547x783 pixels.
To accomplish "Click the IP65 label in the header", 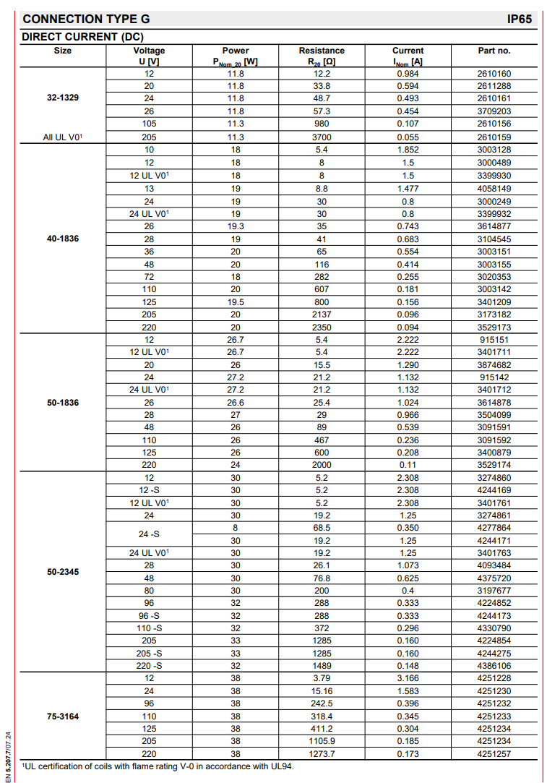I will click(520, 19).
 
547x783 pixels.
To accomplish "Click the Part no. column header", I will click(494, 51).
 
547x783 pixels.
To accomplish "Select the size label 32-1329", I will click(63, 98).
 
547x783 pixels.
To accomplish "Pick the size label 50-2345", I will click(63, 571).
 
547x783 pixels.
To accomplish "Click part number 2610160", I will click(494, 74).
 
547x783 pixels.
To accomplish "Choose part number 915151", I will click(494, 339).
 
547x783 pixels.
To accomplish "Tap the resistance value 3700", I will click(322, 137).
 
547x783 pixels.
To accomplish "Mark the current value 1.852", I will click(408, 150).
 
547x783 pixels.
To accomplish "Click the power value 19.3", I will click(236, 226).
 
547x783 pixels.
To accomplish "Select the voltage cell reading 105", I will click(149, 124).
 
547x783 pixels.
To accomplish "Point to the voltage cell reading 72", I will click(149, 276).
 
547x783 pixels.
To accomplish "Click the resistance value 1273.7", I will click(322, 754).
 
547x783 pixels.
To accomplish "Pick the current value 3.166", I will click(408, 678).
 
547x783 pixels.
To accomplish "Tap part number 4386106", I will click(494, 665).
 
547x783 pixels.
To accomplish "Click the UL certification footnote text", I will click(158, 766).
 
